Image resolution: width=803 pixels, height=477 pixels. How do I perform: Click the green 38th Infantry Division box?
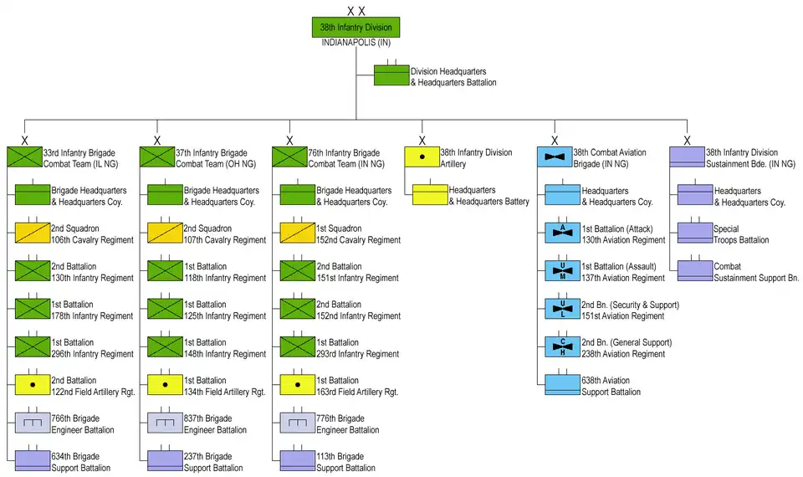[355, 28]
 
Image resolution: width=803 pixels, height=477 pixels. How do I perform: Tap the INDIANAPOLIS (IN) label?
[355, 43]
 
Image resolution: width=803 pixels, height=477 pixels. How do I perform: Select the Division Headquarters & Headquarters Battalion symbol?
[391, 76]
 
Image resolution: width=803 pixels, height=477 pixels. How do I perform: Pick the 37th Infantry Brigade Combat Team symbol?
[156, 156]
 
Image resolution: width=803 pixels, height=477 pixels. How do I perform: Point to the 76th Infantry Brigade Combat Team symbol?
[289, 156]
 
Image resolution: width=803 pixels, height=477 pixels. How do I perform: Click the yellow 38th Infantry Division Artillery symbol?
[422, 156]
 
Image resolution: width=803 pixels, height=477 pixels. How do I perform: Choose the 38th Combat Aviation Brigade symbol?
[555, 156]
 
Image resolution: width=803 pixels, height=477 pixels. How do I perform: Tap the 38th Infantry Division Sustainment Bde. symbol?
[687, 156]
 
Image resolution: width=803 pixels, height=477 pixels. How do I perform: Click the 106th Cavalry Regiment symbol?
[33, 233]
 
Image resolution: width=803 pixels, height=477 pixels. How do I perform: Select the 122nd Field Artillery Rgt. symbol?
[33, 385]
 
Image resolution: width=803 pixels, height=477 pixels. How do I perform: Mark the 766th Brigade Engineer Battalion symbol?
[33, 423]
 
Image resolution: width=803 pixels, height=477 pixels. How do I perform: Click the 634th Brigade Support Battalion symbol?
[33, 461]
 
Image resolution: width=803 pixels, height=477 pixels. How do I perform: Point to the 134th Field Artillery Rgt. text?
[224, 392]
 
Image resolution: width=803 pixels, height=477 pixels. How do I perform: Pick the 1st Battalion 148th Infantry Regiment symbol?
[166, 346]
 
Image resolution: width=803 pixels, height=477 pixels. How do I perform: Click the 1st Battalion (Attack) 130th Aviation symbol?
[563, 233]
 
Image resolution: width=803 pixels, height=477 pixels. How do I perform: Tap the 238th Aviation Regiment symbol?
[563, 346]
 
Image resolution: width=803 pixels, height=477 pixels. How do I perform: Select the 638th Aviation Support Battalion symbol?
[563, 385]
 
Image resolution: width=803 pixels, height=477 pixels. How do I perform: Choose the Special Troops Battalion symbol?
[694, 233]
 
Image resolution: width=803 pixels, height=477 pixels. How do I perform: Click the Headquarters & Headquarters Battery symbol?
[430, 195]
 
